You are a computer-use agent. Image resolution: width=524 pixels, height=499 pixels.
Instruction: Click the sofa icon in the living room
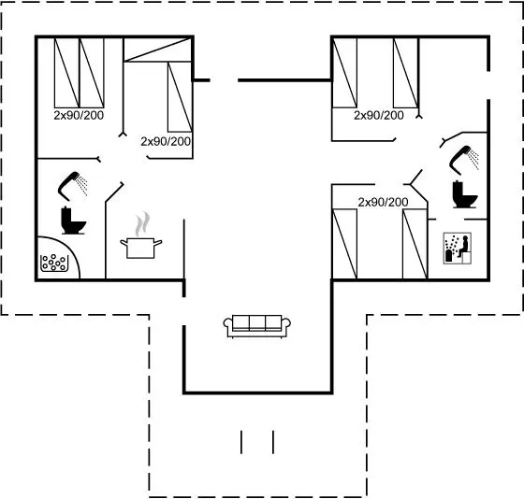[256, 326]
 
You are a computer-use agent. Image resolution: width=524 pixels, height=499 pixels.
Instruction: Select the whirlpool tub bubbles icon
[54, 263]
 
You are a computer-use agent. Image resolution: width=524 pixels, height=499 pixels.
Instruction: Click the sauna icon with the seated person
[458, 249]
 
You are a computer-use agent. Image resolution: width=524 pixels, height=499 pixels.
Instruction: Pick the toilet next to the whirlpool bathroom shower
[73, 221]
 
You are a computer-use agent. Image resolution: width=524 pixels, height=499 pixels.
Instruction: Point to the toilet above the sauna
[464, 194]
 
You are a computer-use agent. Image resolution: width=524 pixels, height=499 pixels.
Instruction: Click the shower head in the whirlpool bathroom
[73, 186]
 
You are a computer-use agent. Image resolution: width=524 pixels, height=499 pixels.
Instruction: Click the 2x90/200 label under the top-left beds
[79, 116]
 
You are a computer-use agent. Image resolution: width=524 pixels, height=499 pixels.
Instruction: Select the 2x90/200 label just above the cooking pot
[166, 141]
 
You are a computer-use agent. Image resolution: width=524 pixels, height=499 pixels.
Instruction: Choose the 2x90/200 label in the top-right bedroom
[379, 116]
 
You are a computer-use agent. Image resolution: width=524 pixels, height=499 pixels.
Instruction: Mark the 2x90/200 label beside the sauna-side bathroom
[383, 202]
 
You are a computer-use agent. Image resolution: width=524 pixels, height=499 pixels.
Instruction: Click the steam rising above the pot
[142, 223]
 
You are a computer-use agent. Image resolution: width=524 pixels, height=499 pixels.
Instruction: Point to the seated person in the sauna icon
[463, 246]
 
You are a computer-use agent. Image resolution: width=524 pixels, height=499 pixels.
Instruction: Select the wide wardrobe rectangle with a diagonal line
[157, 50]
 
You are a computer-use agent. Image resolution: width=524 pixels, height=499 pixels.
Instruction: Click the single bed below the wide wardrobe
[180, 97]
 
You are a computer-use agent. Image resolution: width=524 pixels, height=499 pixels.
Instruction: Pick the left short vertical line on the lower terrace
[241, 442]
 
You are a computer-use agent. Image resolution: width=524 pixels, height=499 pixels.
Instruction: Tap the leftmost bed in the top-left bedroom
[66, 73]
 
